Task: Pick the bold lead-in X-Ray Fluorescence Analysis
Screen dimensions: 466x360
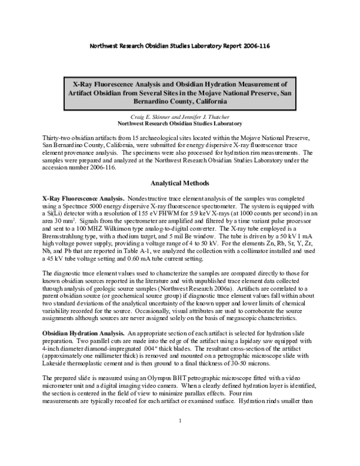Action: pyautogui.click(x=84, y=197)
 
